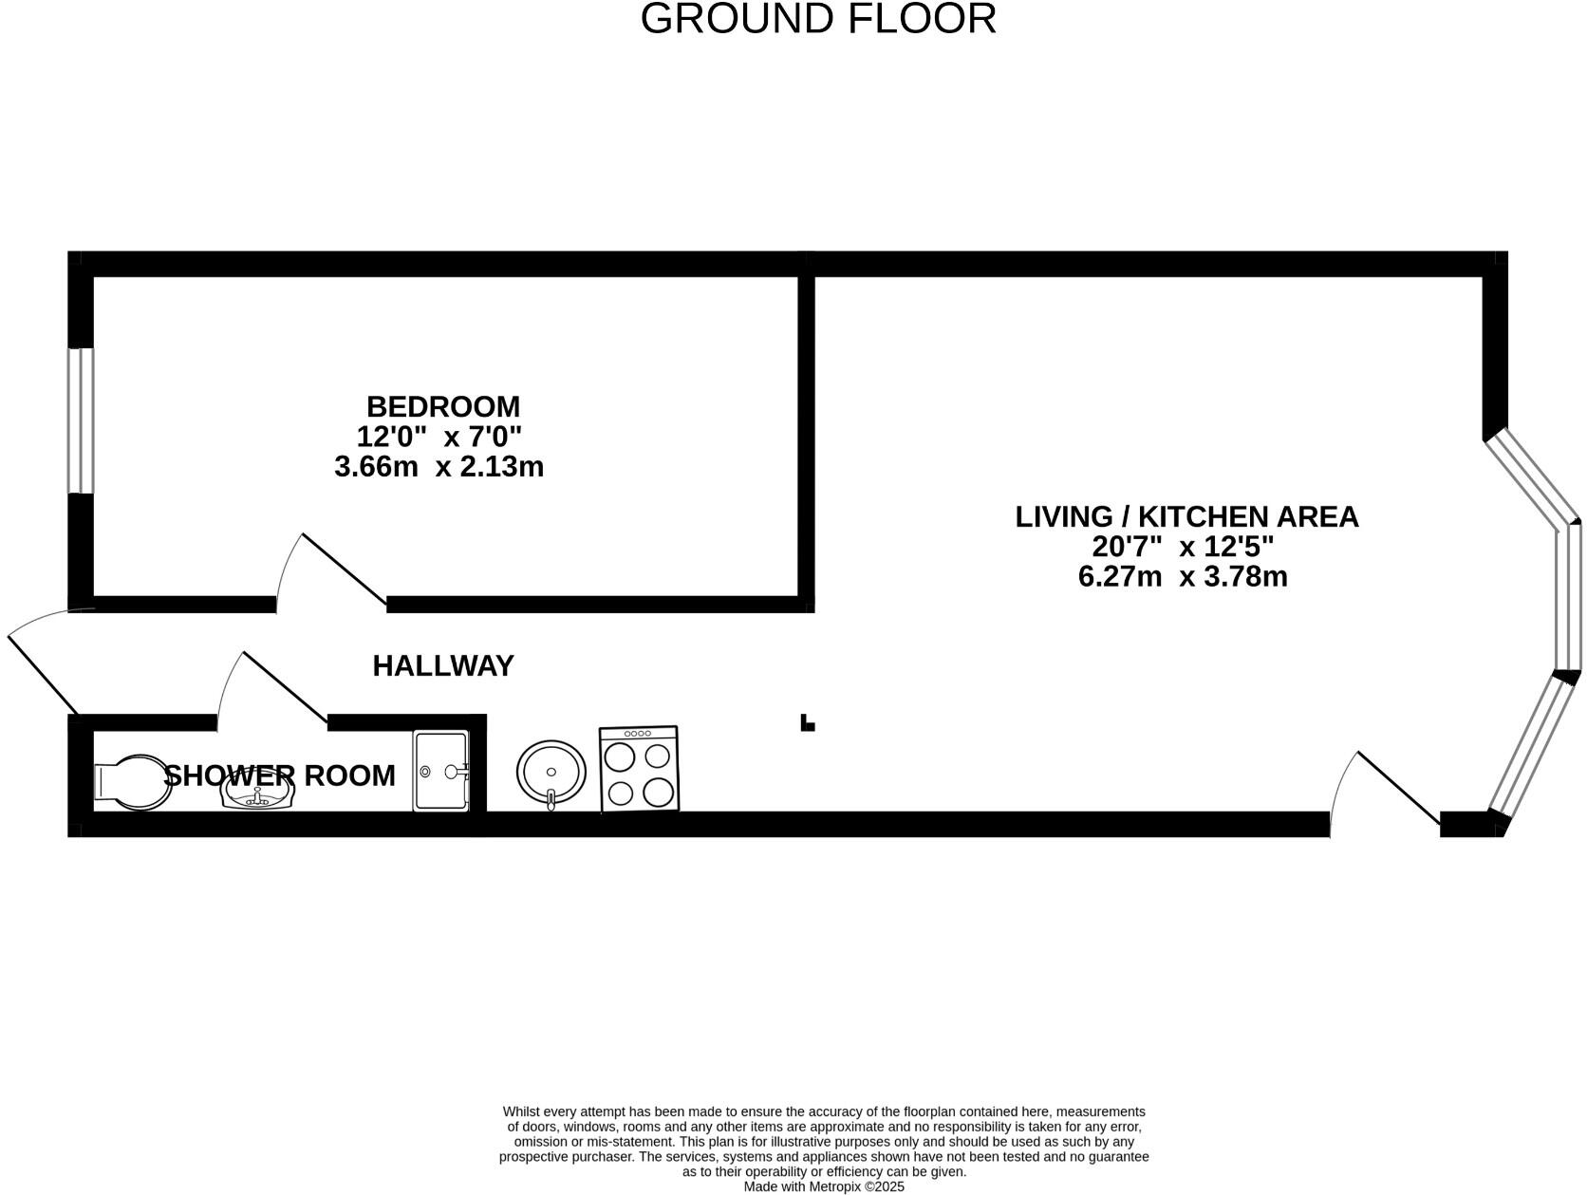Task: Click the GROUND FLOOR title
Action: [x=818, y=19]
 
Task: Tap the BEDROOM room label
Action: [x=443, y=406]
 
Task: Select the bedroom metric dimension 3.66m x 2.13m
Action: [x=439, y=467]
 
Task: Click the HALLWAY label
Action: [x=443, y=665]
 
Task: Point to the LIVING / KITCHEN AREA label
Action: [x=1186, y=516]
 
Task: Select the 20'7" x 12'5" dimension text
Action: [x=1183, y=547]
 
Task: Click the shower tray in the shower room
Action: [x=441, y=770]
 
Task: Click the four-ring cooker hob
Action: [x=639, y=769]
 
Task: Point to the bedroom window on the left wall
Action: [x=81, y=420]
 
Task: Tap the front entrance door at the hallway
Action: [x=43, y=664]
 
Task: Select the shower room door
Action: [x=275, y=688]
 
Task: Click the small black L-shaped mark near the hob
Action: [x=807, y=723]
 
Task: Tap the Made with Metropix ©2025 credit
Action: [x=823, y=1186]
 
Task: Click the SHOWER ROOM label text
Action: [x=280, y=775]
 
